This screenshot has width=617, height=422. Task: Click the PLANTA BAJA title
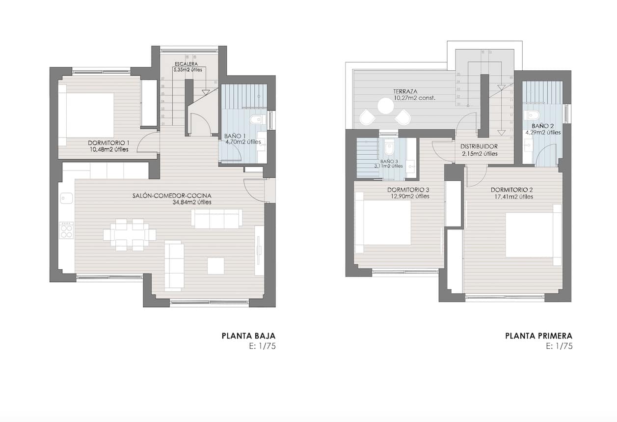click(x=248, y=336)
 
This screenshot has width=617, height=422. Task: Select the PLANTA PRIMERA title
click(x=538, y=336)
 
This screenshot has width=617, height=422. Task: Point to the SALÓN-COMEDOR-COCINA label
click(x=172, y=196)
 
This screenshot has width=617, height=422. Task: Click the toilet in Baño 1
click(x=256, y=119)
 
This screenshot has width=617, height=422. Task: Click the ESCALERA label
click(x=186, y=64)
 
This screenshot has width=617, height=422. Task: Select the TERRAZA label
click(x=405, y=91)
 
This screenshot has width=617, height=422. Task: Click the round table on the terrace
click(x=386, y=106)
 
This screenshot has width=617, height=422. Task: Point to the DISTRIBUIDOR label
click(x=480, y=146)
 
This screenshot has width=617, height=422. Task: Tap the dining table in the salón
click(x=130, y=235)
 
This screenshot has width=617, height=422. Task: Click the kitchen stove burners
click(x=66, y=230)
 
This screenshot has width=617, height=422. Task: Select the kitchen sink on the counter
click(x=66, y=198)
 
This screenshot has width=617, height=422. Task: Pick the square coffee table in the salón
click(x=215, y=266)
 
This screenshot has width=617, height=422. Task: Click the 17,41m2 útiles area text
click(x=512, y=197)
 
